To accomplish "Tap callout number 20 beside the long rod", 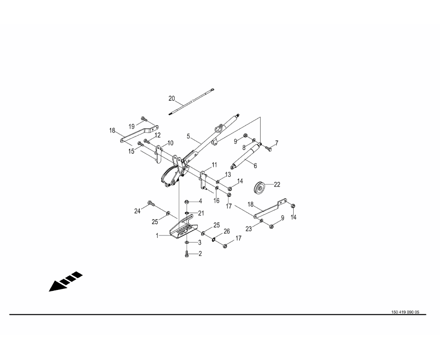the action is click(172, 99).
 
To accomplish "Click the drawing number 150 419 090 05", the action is click(405, 312).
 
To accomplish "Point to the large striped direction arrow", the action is click(66, 281).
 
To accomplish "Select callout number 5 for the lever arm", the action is click(188, 137).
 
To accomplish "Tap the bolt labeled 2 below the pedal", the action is click(186, 254).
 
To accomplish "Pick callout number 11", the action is click(214, 165).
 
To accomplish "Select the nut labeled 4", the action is click(186, 202).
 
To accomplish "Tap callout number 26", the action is click(226, 231).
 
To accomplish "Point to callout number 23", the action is click(249, 229).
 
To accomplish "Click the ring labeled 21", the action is click(186, 214).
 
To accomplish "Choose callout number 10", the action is click(170, 143).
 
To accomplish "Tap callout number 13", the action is click(228, 175).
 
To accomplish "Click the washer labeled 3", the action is click(186, 242).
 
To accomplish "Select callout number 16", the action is click(216, 201).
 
